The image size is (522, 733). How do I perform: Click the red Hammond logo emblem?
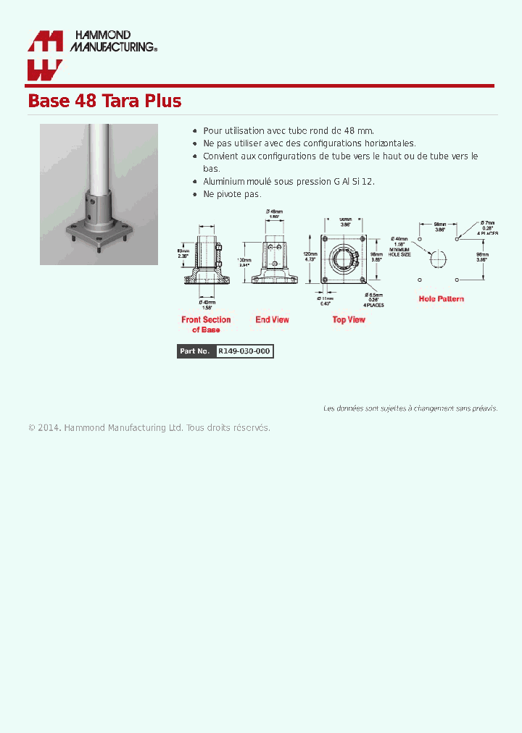(45, 55)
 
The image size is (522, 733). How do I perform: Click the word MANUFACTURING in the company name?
(112, 47)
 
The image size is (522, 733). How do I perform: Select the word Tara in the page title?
(117, 101)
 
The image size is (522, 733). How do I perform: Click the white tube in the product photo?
(99, 156)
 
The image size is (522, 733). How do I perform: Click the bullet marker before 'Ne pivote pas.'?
(196, 194)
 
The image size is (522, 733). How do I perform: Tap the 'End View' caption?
(272, 319)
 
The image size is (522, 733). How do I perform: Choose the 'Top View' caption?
(349, 319)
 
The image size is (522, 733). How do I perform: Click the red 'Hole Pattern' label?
(441, 298)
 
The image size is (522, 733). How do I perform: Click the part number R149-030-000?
(244, 351)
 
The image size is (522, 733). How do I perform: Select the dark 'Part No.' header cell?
(196, 351)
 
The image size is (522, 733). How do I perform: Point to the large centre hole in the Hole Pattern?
(439, 259)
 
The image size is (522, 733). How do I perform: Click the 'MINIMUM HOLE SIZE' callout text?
(399, 252)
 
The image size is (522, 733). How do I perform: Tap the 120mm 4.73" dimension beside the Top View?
(310, 256)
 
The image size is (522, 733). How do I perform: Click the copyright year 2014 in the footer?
(48, 428)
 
